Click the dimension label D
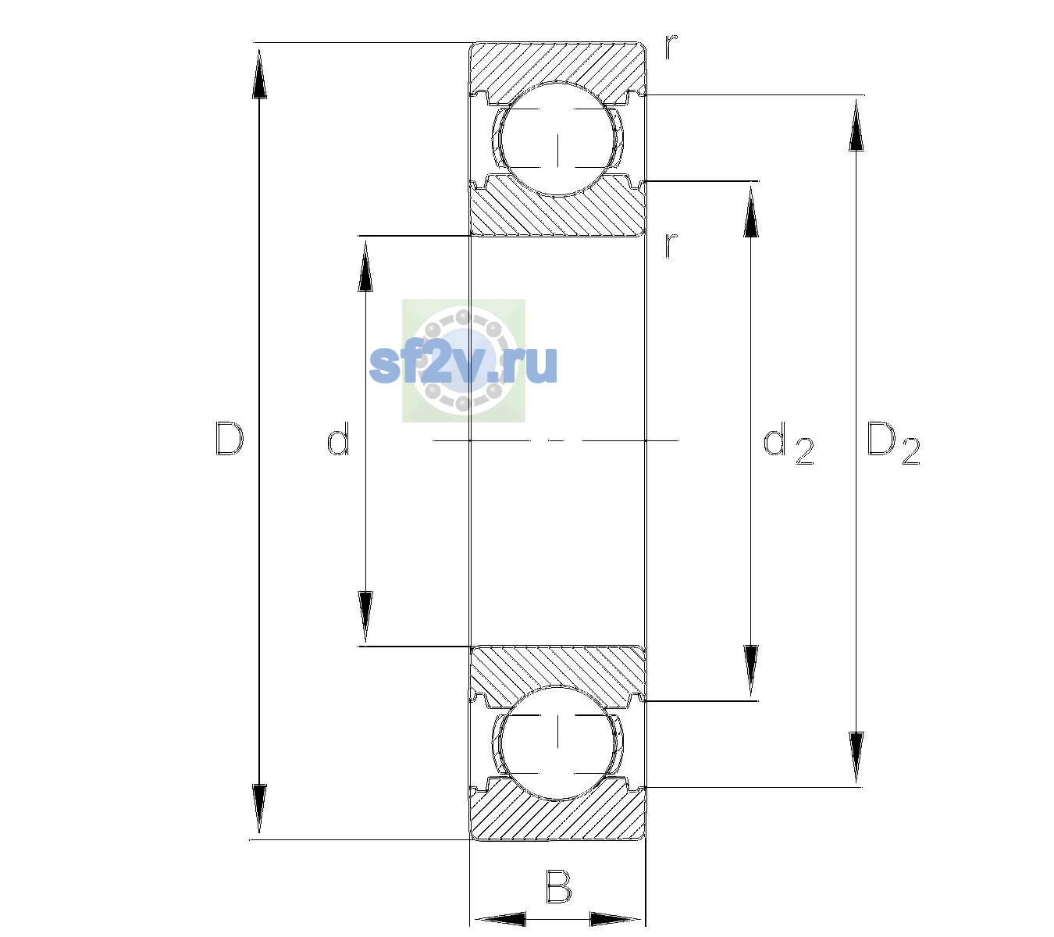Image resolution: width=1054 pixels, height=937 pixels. [x=230, y=439]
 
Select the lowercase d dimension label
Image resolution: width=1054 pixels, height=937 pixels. [x=338, y=439]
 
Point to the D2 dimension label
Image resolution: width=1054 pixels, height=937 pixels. [x=893, y=443]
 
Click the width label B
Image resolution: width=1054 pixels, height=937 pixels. [x=559, y=885]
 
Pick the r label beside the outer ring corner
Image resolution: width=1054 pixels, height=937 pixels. [x=671, y=46]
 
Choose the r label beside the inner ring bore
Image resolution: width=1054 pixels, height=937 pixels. [x=671, y=245]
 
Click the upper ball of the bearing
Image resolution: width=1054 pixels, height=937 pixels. [x=557, y=139]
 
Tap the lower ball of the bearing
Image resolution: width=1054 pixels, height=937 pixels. [x=557, y=742]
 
